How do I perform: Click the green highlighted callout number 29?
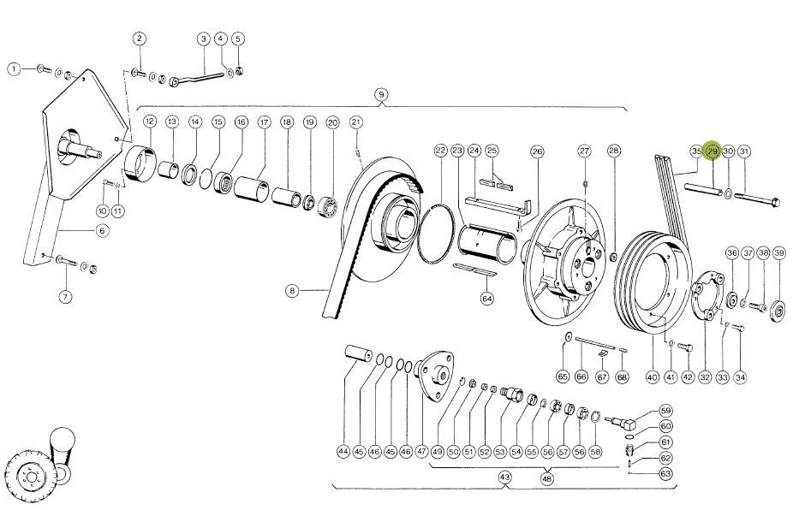tap(713, 151)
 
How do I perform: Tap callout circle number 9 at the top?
tap(381, 93)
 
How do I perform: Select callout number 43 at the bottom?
tap(504, 477)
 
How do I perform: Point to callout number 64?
tap(487, 299)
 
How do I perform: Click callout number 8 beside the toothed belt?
tap(293, 291)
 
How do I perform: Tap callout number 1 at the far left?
tap(14, 68)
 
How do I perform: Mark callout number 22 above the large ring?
tap(440, 151)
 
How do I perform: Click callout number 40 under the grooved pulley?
tap(652, 377)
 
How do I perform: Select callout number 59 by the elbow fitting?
tap(665, 412)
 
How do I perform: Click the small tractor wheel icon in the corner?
tap(30, 471)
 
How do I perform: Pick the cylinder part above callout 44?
tap(356, 352)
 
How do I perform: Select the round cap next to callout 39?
tap(778, 307)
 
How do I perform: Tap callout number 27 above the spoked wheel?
tap(584, 151)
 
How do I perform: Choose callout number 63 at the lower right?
tap(665, 472)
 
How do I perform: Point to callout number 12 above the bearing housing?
tap(149, 122)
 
